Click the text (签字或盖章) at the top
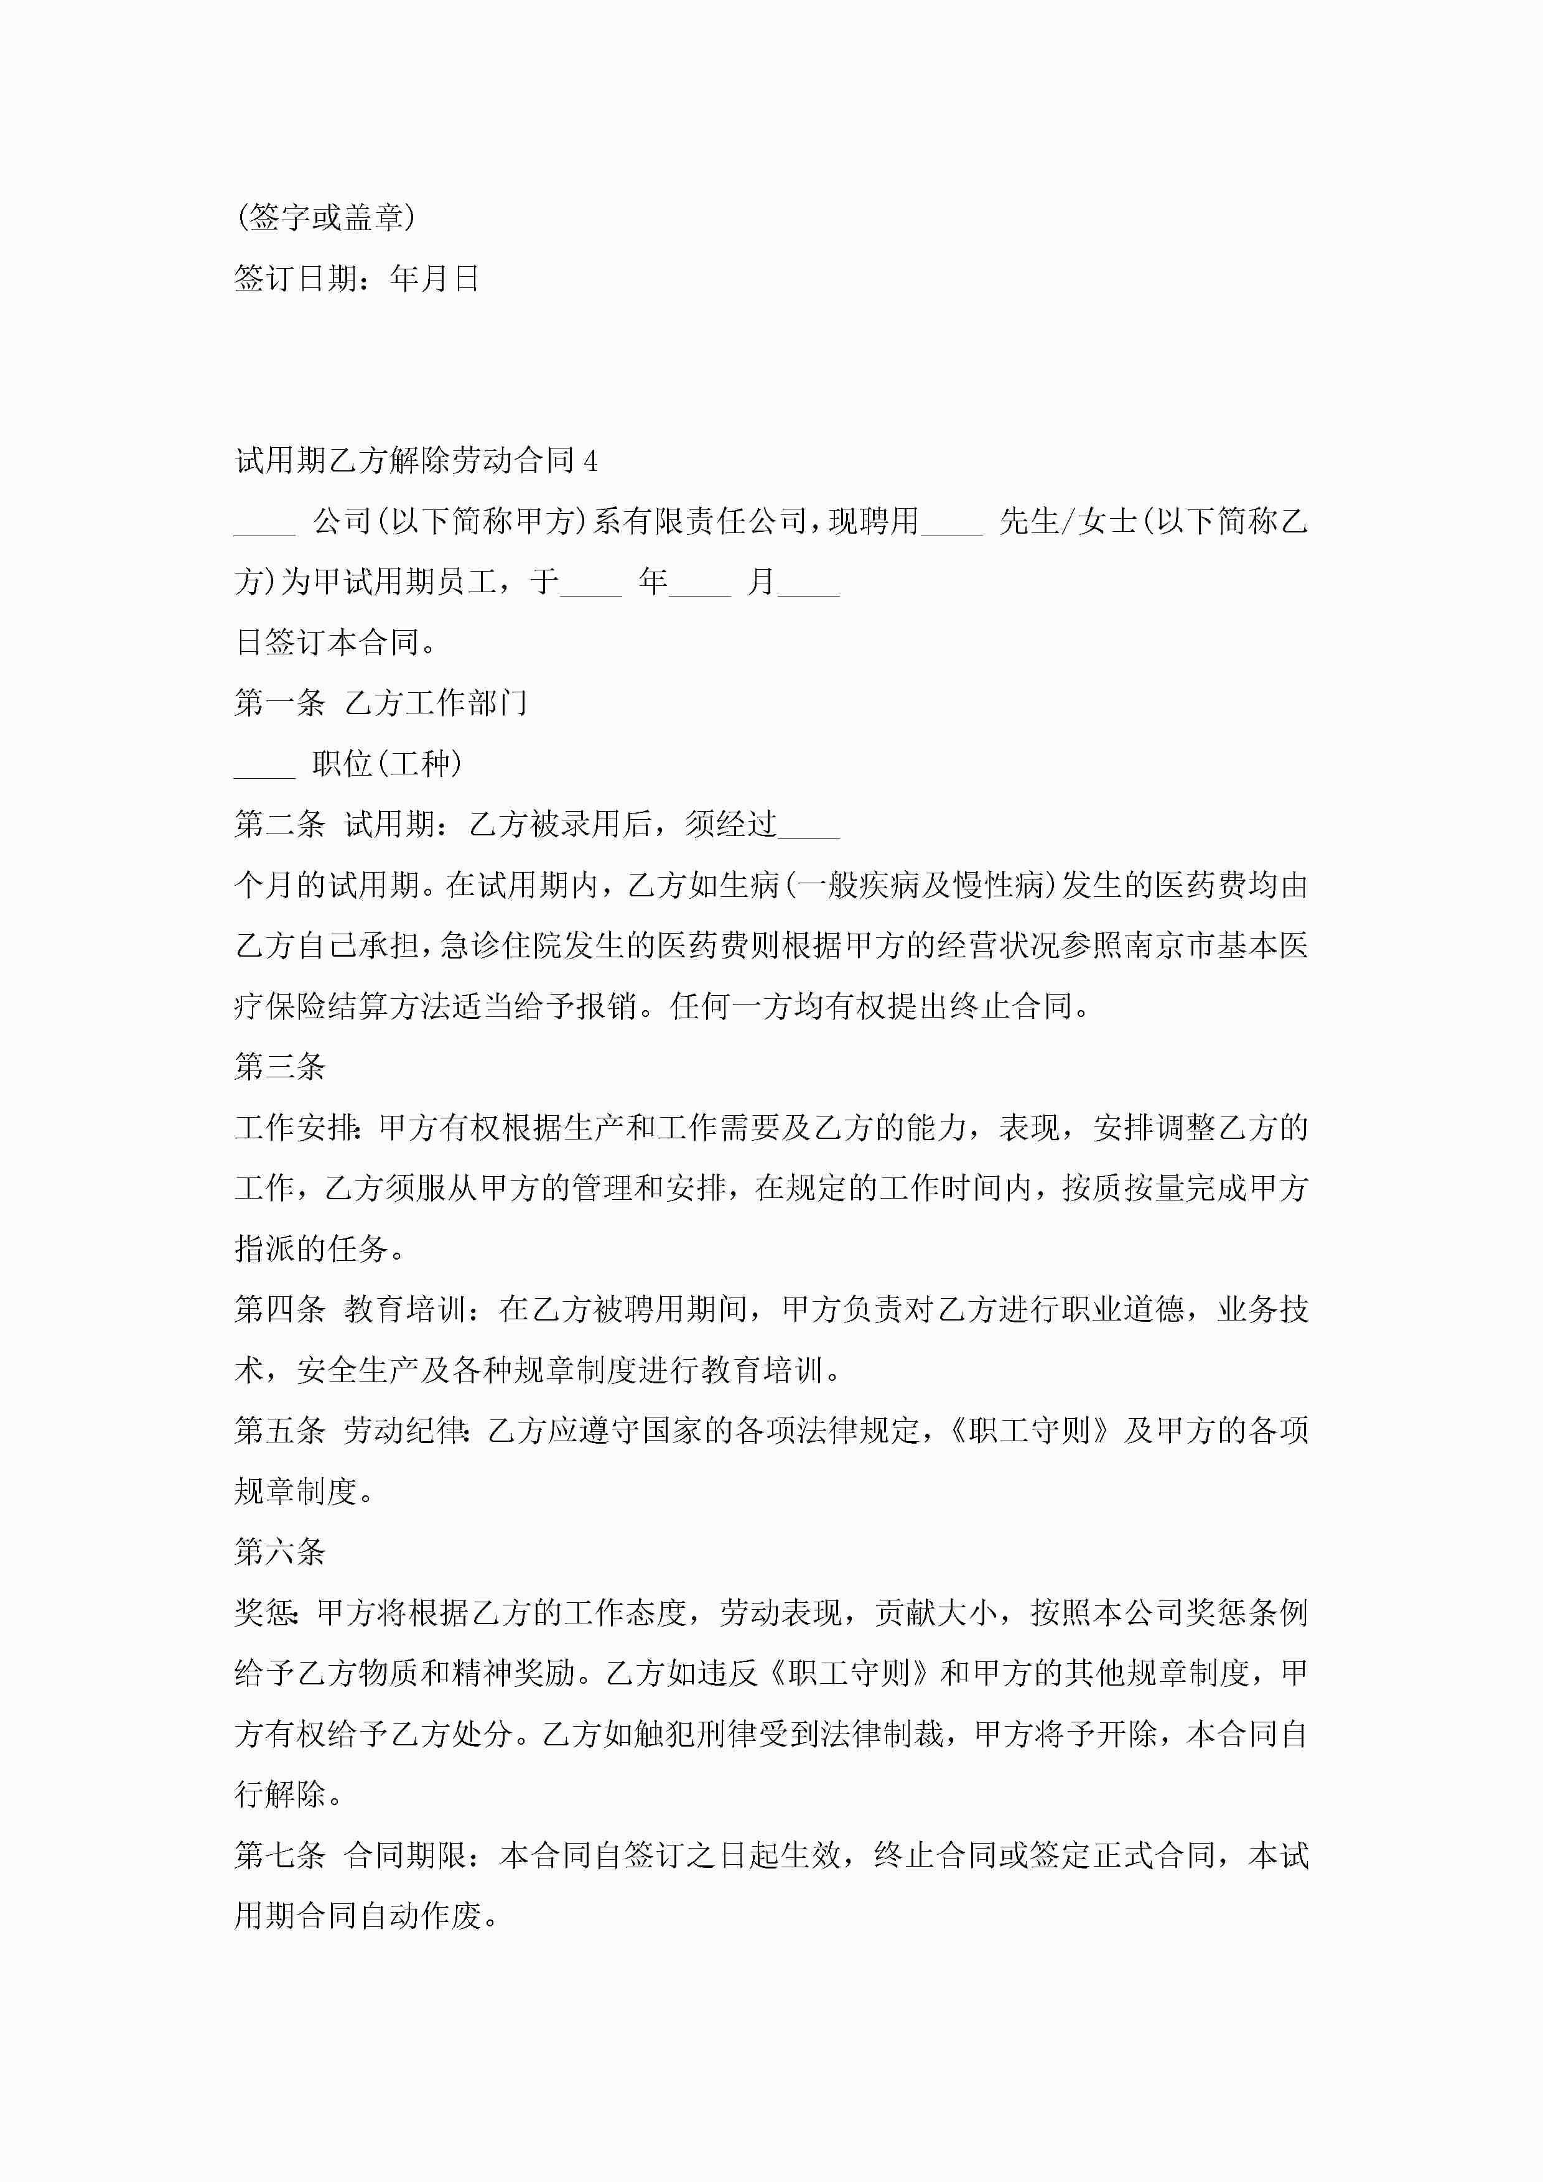(325, 218)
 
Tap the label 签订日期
(296, 279)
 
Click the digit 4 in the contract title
(590, 461)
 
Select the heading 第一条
(279, 703)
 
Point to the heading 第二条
(279, 825)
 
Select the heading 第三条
(279, 1067)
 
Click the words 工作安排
(295, 1128)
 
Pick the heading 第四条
(279, 1309)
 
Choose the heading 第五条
(279, 1431)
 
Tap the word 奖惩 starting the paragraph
(265, 1613)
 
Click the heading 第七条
(279, 1855)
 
